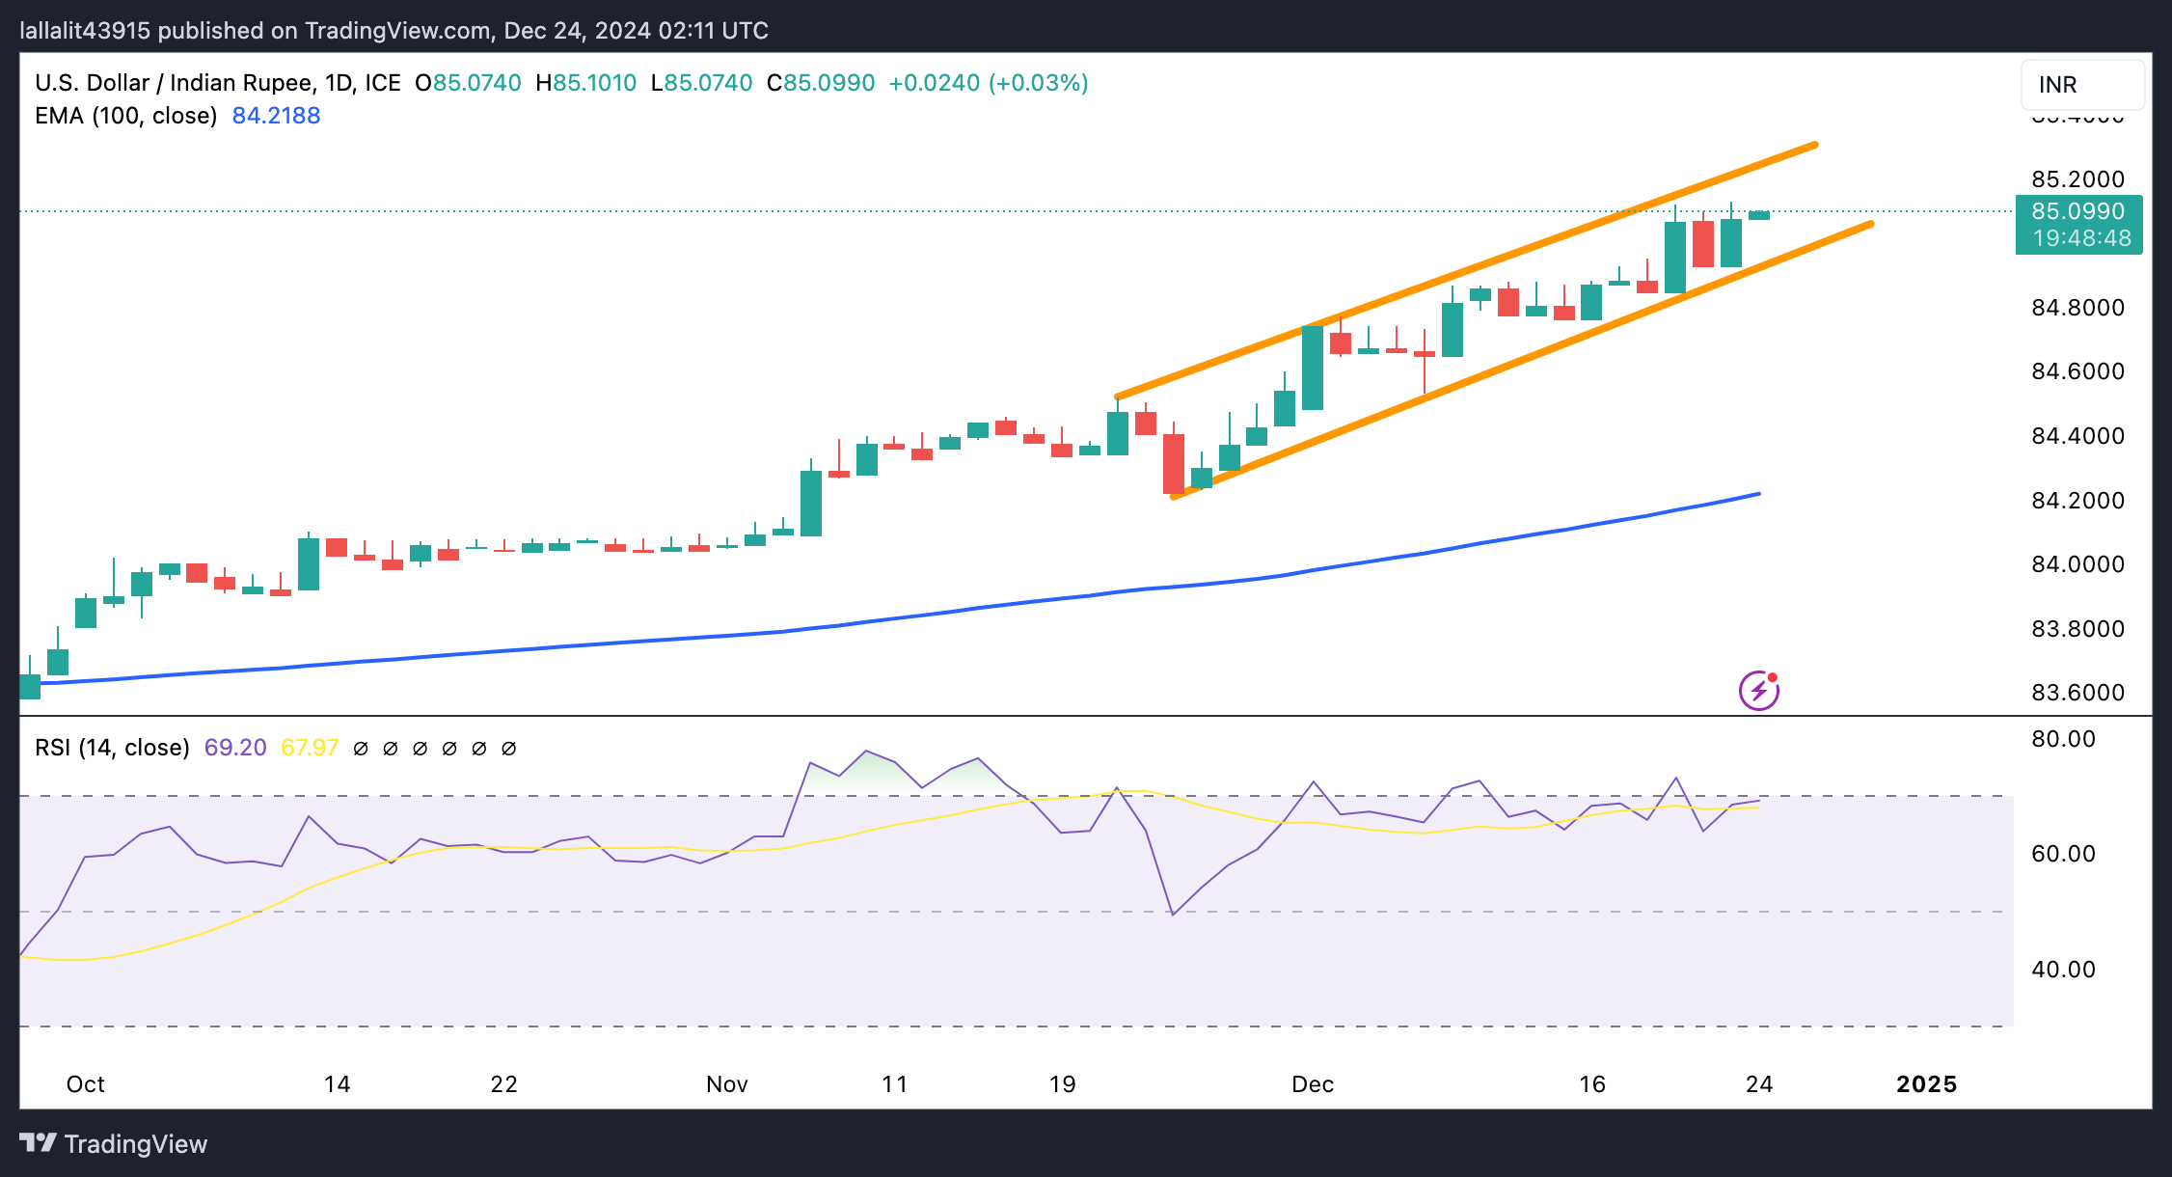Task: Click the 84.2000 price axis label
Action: [x=2077, y=501]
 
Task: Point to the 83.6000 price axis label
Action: [x=2077, y=693]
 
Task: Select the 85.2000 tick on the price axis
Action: [x=2077, y=179]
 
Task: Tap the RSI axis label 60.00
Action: [x=2063, y=854]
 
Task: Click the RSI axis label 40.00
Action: [x=2063, y=970]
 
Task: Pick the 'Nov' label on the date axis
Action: [x=727, y=1084]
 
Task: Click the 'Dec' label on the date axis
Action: [x=1313, y=1084]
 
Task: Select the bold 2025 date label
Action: [x=1926, y=1084]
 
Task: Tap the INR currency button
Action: [x=2082, y=85]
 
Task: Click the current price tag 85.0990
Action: [x=2078, y=211]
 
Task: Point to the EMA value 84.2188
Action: [x=276, y=116]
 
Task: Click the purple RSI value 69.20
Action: [x=235, y=748]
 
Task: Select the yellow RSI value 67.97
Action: [x=310, y=748]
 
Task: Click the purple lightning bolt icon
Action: [x=1759, y=691]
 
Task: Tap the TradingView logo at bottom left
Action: [x=113, y=1144]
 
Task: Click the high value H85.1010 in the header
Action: [x=585, y=83]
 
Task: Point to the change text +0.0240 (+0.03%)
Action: [x=988, y=83]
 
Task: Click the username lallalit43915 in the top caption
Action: [x=85, y=31]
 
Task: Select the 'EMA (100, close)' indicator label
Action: [x=125, y=116]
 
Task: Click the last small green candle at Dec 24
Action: [x=1759, y=215]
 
